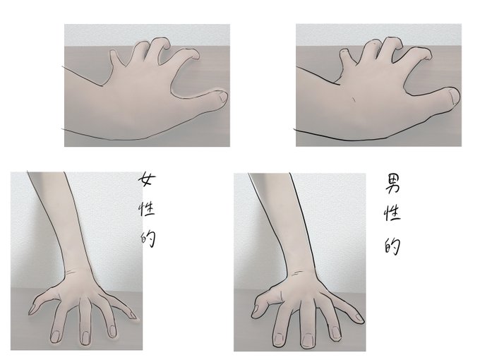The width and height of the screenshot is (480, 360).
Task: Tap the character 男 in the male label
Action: (392, 184)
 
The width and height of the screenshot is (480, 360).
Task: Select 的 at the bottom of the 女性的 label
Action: (148, 239)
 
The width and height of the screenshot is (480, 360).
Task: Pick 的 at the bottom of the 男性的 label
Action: (392, 247)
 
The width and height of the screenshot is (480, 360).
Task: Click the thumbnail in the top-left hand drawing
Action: (223, 97)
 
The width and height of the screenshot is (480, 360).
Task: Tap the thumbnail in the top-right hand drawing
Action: (454, 96)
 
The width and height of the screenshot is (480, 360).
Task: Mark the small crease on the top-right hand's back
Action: (354, 100)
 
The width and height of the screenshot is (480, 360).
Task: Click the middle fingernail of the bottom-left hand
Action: (85, 337)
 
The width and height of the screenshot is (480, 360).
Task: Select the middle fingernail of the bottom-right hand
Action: (307, 340)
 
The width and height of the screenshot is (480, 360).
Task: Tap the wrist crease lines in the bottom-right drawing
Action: (296, 273)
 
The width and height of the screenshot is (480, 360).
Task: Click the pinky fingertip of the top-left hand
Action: (113, 54)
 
